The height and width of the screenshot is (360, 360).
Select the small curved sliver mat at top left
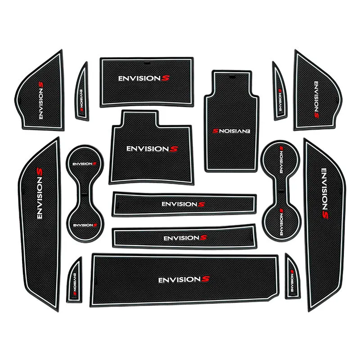81,91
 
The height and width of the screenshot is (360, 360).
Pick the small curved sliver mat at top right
279,91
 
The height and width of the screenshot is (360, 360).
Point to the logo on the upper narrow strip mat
180,204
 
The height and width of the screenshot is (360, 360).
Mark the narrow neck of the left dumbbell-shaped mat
83,194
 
